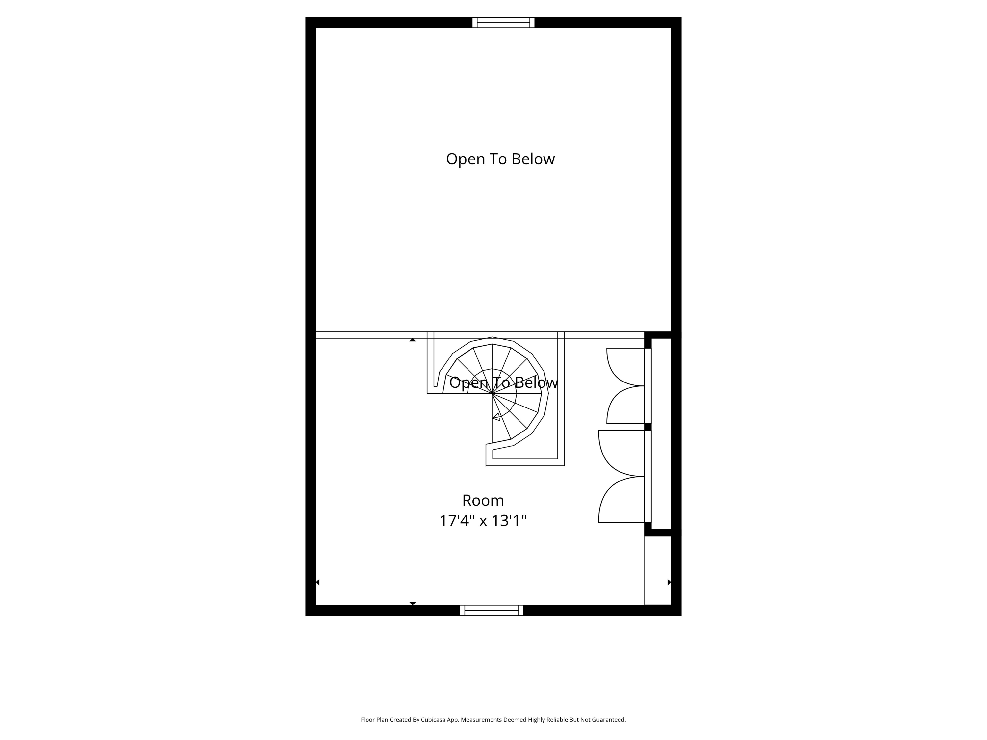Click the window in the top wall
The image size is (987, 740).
[x=503, y=22]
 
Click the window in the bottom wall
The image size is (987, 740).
[x=492, y=610]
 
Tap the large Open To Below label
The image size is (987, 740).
[x=500, y=159]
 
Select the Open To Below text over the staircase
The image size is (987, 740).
[x=503, y=382]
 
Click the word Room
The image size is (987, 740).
[x=483, y=500]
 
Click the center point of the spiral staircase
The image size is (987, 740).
[x=492, y=393]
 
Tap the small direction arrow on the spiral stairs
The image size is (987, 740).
[x=496, y=417]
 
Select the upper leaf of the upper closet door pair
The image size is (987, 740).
[x=625, y=367]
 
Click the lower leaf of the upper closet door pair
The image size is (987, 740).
[x=625, y=405]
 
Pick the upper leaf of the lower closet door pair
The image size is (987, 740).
[x=621, y=453]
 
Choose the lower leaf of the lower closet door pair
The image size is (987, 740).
[x=621, y=499]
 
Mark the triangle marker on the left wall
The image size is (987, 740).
[x=318, y=582]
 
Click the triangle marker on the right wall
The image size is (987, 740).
[x=669, y=582]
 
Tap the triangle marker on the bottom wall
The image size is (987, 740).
[x=413, y=604]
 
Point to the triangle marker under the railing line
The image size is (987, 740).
[x=413, y=340]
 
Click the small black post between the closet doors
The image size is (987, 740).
[x=648, y=427]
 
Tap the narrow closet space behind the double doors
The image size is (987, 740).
[x=661, y=433]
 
